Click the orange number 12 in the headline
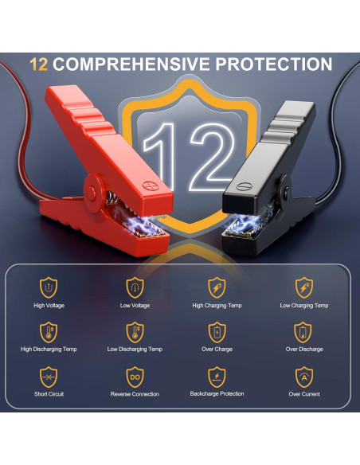click(39, 64)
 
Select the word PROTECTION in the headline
click(273, 64)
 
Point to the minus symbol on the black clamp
click(244, 186)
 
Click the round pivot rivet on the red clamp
click(92, 193)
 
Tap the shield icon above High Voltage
click(49, 287)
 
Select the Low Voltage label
click(135, 306)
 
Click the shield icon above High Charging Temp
click(217, 287)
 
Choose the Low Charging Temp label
click(304, 306)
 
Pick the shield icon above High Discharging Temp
click(49, 333)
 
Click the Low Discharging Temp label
click(135, 350)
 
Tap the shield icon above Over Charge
click(217, 333)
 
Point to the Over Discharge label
click(304, 350)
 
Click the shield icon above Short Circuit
click(49, 377)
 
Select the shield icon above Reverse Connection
click(135, 377)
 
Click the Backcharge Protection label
click(217, 394)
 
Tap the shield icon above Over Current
click(304, 377)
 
